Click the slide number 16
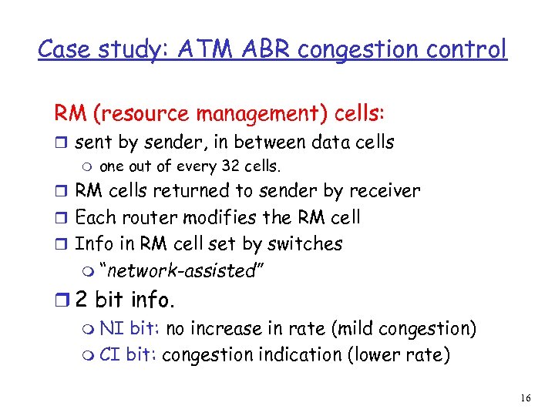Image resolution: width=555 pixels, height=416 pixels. [525, 398]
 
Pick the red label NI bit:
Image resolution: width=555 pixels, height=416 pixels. [130, 329]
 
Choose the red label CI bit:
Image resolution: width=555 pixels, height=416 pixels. [129, 355]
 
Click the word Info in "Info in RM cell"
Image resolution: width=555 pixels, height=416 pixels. [91, 243]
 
